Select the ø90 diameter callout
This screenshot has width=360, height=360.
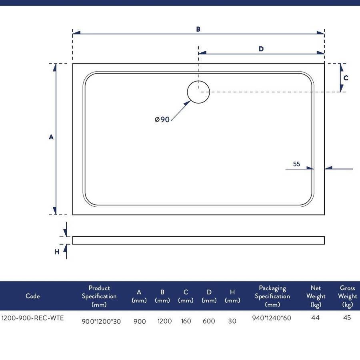[x=162, y=119]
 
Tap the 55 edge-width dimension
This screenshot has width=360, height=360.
[x=296, y=164]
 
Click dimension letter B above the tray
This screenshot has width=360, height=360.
[x=198, y=29]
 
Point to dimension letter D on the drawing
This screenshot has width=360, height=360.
[x=261, y=49]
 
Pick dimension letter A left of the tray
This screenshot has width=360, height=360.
[x=51, y=137]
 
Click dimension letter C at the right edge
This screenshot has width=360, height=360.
[x=346, y=78]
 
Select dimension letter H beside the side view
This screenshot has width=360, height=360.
[x=57, y=252]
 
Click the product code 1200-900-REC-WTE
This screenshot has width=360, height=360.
[x=33, y=318]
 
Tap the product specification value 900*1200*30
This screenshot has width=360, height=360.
[x=101, y=322]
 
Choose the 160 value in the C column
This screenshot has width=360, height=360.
[x=186, y=321]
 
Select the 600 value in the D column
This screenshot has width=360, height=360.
[x=209, y=321]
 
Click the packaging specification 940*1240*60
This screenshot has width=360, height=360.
[x=272, y=318]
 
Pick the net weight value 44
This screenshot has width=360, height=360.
[x=316, y=318]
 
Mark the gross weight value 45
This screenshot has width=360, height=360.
[x=347, y=318]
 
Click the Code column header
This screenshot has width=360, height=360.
[x=33, y=296]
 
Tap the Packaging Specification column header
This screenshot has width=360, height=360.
[x=272, y=296]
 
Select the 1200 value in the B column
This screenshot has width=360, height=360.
[x=165, y=321]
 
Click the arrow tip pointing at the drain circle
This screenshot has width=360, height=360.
[x=190, y=101]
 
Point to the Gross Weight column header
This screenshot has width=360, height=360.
[x=348, y=296]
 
